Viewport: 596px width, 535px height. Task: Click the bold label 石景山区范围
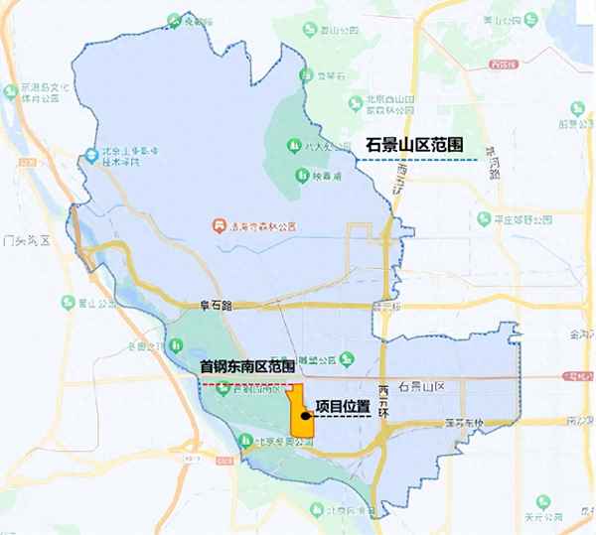click(416, 145)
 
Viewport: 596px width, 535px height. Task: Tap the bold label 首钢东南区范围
click(247, 366)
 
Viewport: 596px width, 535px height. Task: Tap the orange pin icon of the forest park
click(219, 224)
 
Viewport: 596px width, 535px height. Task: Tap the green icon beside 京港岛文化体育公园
click(10, 89)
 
